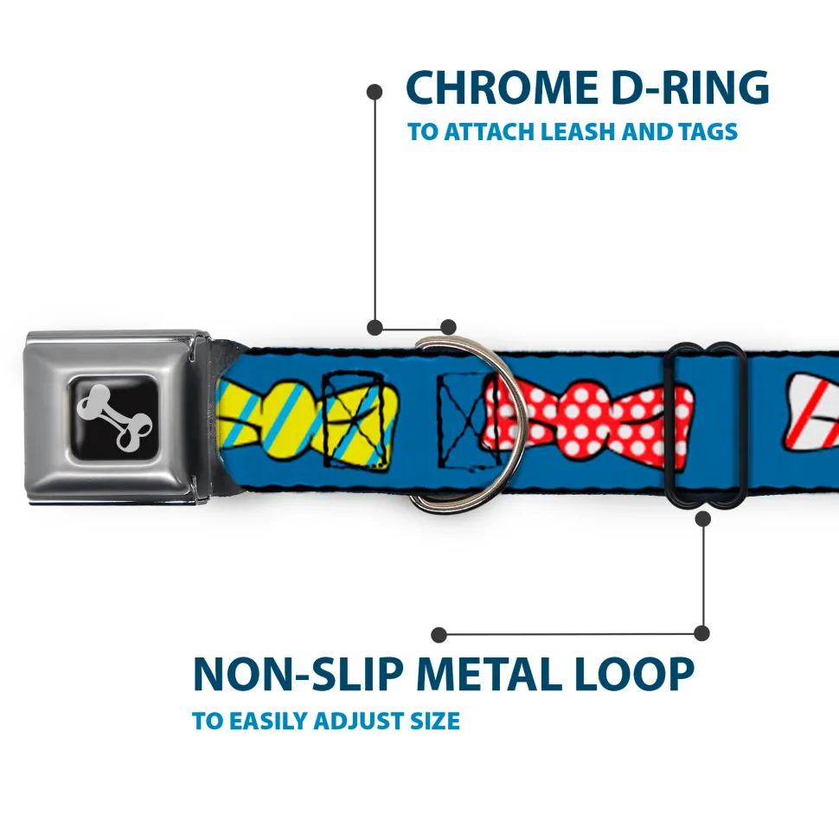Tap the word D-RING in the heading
(683, 87)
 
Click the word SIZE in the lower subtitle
(436, 721)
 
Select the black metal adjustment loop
(707, 424)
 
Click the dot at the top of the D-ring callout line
(375, 91)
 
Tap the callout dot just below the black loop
(702, 518)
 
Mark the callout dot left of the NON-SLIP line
(439, 635)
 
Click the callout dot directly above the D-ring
(447, 327)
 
